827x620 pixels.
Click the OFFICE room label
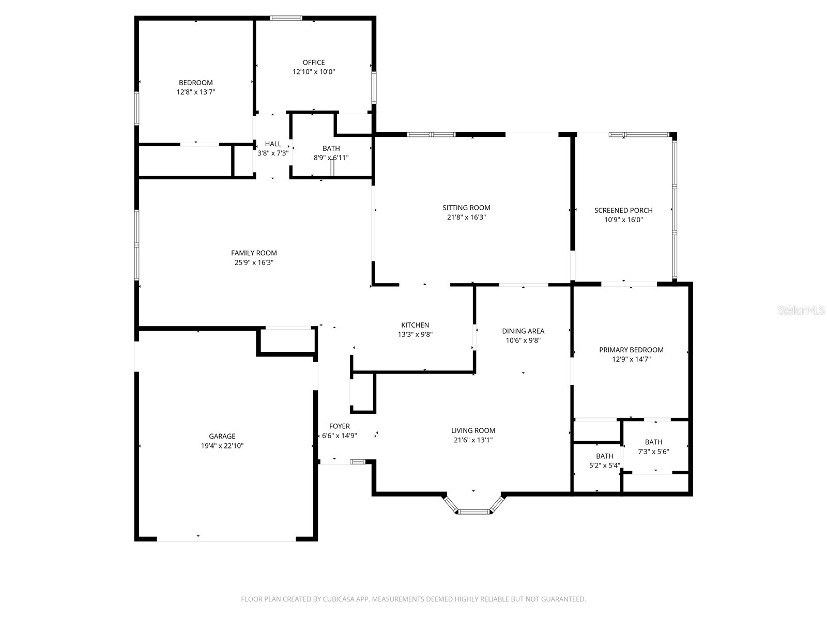[x=314, y=63]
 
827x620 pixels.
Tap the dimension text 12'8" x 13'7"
[x=195, y=92]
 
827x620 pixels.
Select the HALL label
[x=273, y=144]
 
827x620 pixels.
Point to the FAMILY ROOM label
[x=254, y=253]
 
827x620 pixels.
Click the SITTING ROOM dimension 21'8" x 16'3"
[x=466, y=218]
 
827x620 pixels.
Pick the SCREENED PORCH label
[x=623, y=210]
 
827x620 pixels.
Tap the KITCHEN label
[x=415, y=325]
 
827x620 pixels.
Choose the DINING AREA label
[x=523, y=331]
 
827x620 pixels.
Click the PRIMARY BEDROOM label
[x=631, y=350]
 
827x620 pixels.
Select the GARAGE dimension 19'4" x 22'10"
[x=222, y=445]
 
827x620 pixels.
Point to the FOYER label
[x=340, y=426]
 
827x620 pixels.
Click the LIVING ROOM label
[x=473, y=430]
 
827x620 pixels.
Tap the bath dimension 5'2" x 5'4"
[x=605, y=465]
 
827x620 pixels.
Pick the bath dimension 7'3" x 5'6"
[x=653, y=452]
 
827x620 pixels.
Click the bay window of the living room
[x=473, y=511]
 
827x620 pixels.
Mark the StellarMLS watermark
[x=801, y=311]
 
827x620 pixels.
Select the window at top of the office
[x=286, y=19]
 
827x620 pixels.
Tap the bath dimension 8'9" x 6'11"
[x=331, y=158]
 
